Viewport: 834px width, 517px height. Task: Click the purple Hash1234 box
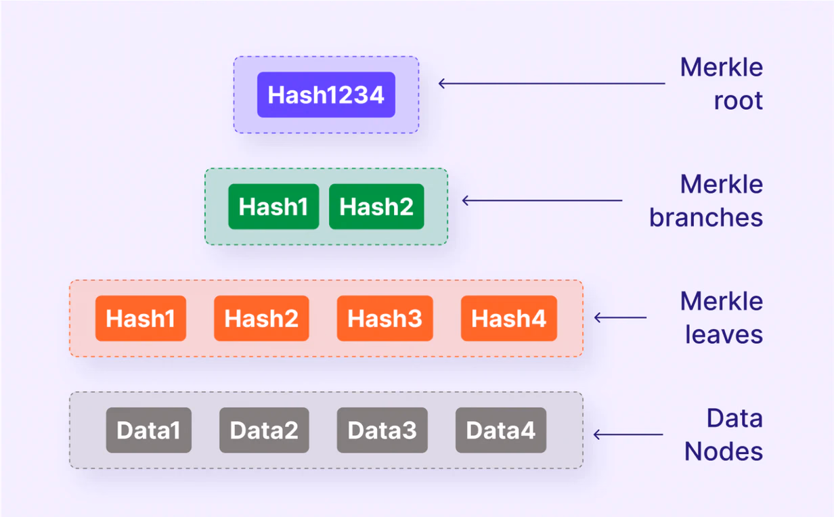(x=326, y=95)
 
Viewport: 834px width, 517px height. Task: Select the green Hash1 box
(x=273, y=206)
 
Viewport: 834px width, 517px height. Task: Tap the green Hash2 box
(x=376, y=206)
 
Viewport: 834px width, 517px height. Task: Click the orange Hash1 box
(x=141, y=318)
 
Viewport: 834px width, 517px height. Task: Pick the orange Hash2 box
(x=261, y=318)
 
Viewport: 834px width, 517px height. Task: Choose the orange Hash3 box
(x=385, y=318)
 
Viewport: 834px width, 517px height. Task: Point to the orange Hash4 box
(x=509, y=318)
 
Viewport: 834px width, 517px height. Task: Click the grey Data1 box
(x=149, y=430)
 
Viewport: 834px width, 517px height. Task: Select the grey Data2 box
(x=264, y=430)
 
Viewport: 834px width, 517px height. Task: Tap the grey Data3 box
(x=382, y=430)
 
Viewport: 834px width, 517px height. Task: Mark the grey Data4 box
(x=501, y=430)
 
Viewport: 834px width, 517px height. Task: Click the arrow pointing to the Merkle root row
(x=552, y=83)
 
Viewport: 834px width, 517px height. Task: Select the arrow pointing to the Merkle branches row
(x=542, y=200)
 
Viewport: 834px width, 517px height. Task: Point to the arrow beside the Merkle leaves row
(x=620, y=317)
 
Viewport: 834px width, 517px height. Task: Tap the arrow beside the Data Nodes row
(x=628, y=434)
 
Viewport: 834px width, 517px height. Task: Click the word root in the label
(x=739, y=101)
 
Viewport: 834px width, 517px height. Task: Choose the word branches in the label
(x=706, y=217)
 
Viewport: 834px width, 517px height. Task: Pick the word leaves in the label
(x=724, y=334)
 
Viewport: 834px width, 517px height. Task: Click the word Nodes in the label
(x=724, y=451)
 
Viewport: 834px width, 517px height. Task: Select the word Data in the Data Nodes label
(x=734, y=418)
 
